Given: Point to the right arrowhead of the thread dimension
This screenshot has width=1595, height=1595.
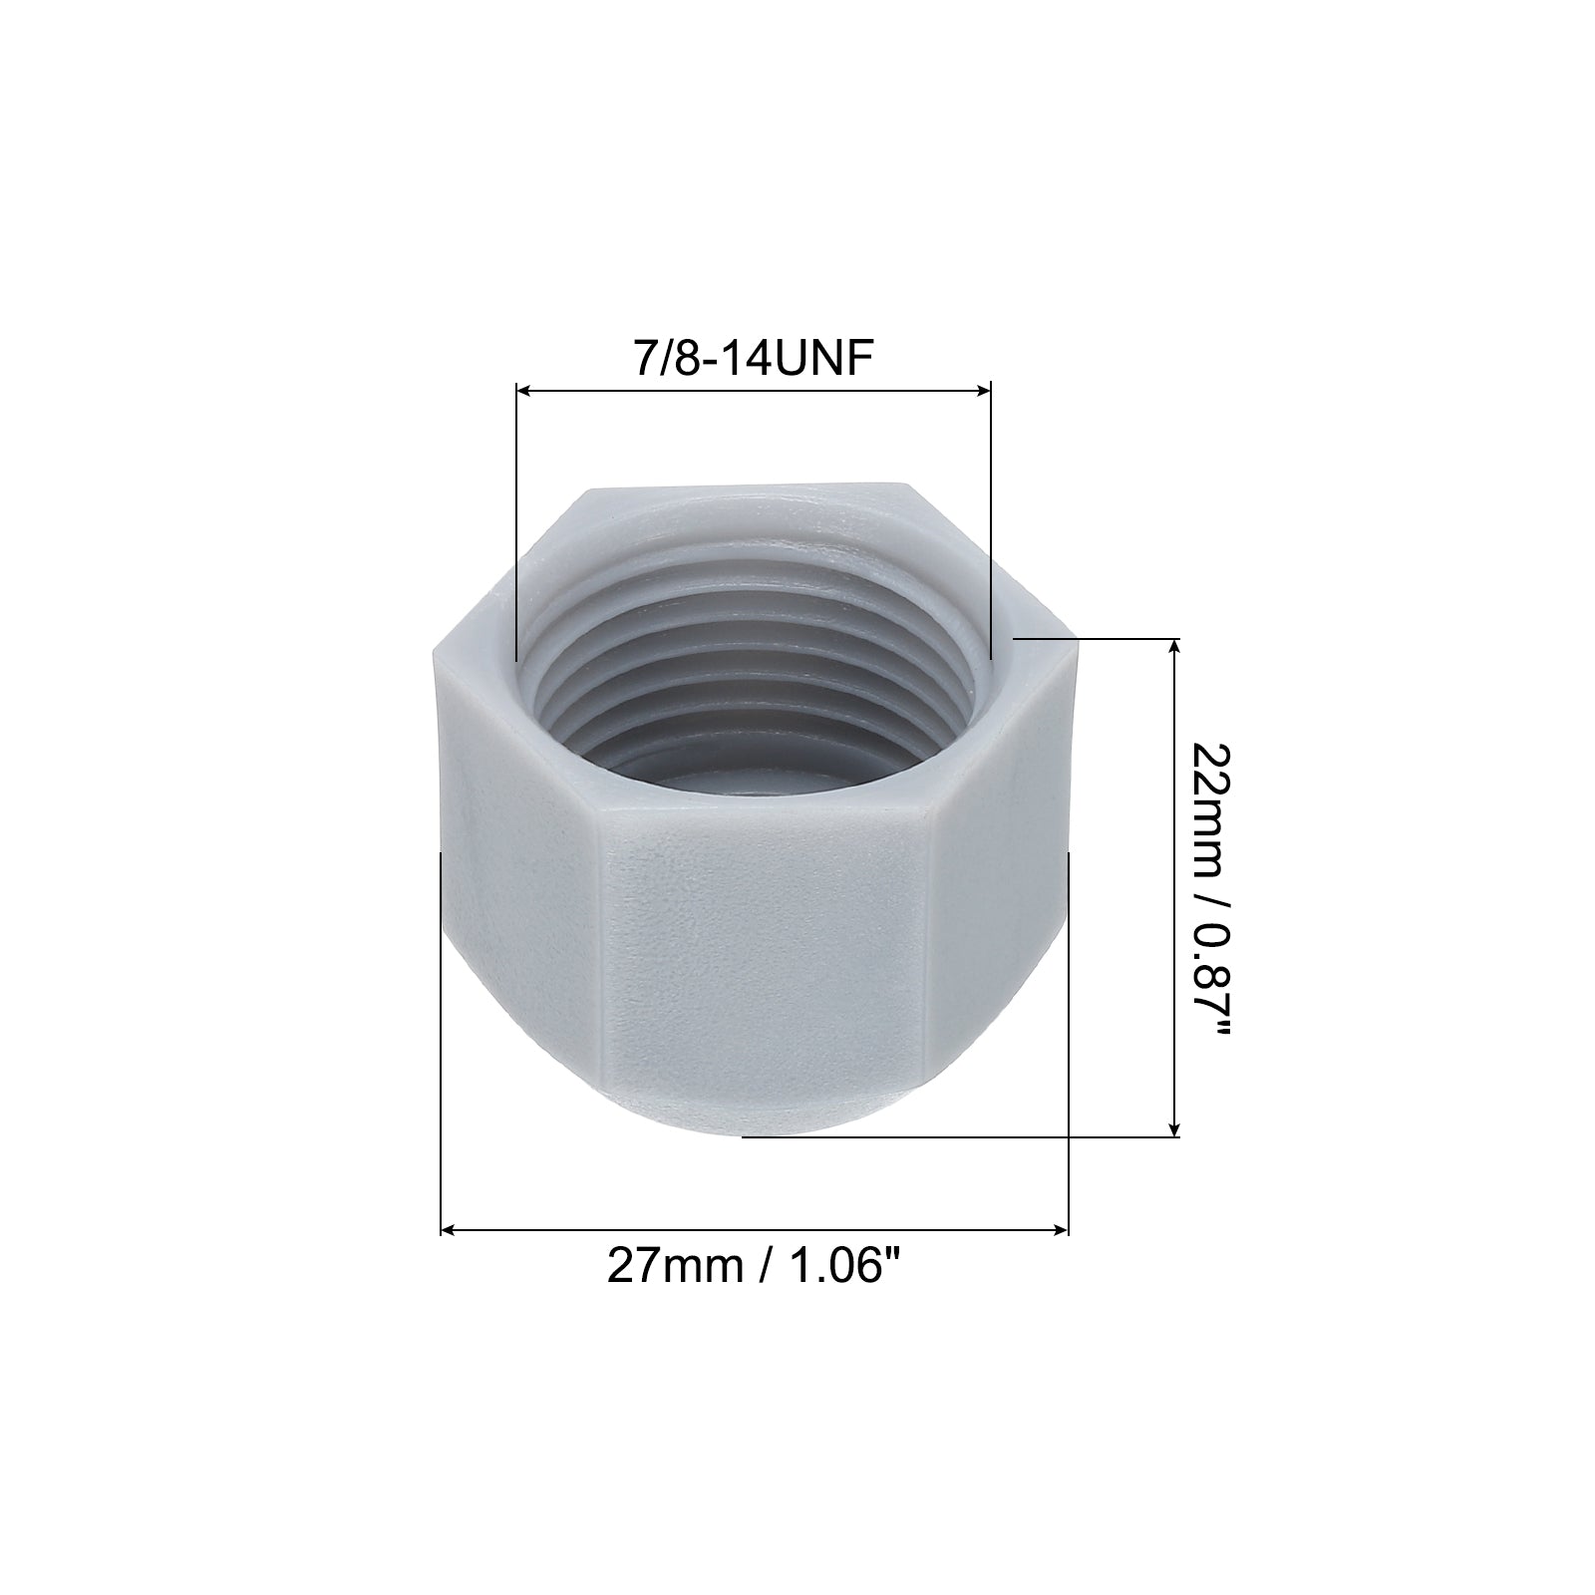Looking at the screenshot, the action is pyautogui.click(x=983, y=391).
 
